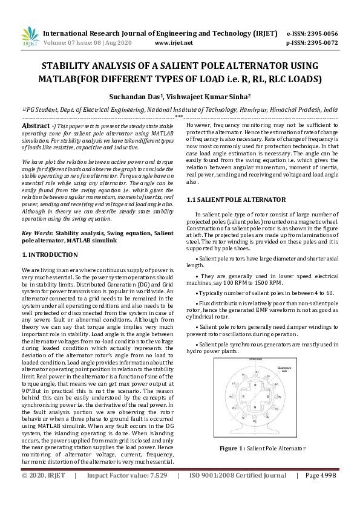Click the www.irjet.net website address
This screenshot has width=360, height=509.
click(174, 43)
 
